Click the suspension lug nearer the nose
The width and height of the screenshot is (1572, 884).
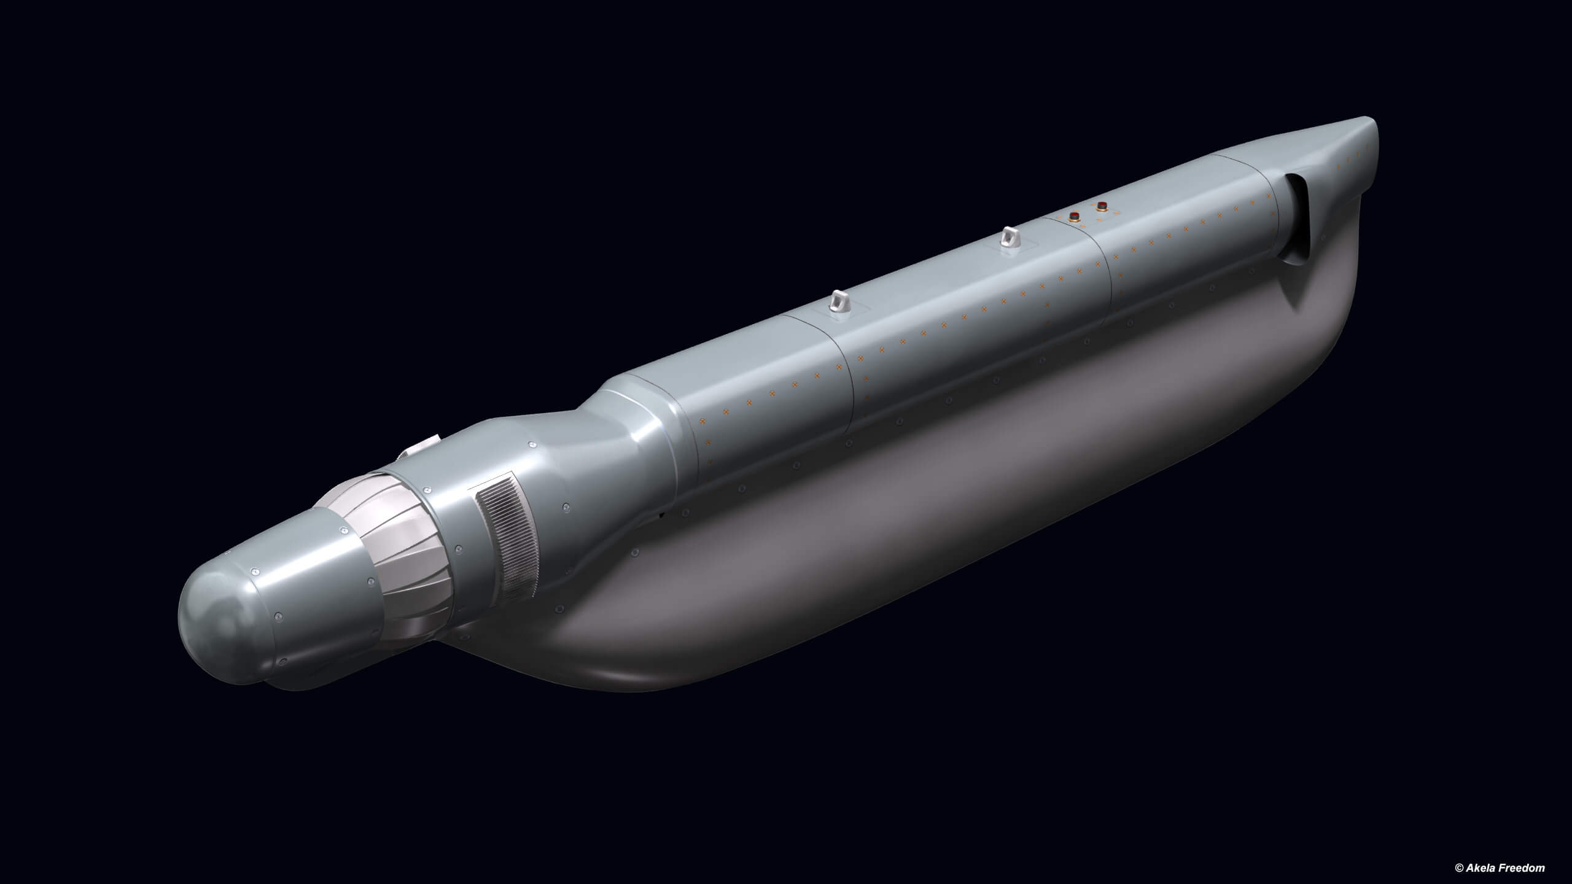pyautogui.click(x=838, y=302)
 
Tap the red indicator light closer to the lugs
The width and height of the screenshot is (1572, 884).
pyautogui.click(x=1075, y=215)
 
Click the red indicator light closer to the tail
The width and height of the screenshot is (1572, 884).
pyautogui.click(x=1102, y=206)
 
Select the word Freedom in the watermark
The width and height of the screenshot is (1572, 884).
pyautogui.click(x=1534, y=867)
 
